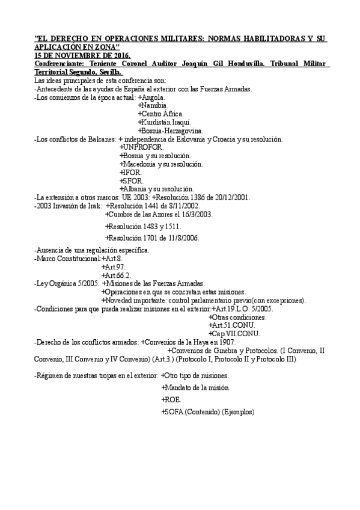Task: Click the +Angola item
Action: click(152, 97)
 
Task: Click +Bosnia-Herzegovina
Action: click(170, 131)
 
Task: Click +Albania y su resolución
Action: click(156, 189)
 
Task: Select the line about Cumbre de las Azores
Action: click(159, 214)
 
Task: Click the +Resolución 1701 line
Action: click(152, 238)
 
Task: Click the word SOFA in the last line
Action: click(173, 412)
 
